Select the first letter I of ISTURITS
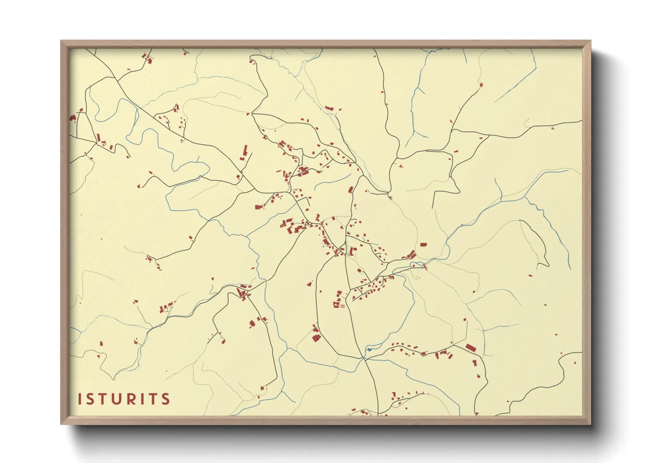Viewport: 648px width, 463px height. point(80,399)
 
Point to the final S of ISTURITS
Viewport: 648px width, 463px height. point(165,399)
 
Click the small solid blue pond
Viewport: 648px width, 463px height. point(369,350)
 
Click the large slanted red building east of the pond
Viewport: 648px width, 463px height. point(470,348)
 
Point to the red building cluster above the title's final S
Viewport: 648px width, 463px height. point(166,307)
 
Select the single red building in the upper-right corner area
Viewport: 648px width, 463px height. point(481,84)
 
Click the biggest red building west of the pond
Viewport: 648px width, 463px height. point(316,337)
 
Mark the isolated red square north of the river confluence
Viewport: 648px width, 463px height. point(423,245)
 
